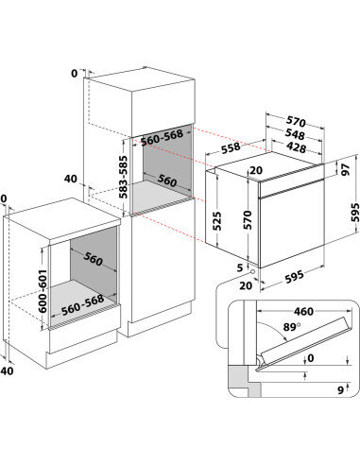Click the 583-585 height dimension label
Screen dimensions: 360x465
coord(124,177)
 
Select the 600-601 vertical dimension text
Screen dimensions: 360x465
coord(43,291)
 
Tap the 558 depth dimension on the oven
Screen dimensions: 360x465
coord(231,148)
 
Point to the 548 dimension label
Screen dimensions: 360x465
coord(295,134)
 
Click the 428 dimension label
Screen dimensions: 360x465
coord(296,147)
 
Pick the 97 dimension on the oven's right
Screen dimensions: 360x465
coord(346,169)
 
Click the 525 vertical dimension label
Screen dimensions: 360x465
coord(216,221)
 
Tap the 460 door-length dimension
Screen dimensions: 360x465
coord(303,312)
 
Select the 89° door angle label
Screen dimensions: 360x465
coord(292,327)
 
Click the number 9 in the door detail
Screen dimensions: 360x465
coord(340,390)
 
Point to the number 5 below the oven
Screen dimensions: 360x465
coord(240,267)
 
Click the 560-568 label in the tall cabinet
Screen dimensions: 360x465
coord(162,138)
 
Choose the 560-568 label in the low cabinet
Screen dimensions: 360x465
coord(82,305)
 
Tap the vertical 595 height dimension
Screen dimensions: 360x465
coord(354,213)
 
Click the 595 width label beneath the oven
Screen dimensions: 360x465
coord(295,277)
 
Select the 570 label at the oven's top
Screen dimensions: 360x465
coord(296,121)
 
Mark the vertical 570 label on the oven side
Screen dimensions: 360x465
coord(248,220)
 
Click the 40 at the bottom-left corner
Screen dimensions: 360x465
coord(8,370)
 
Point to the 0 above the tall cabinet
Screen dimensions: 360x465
coord(74,74)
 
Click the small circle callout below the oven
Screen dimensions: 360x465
coord(252,271)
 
